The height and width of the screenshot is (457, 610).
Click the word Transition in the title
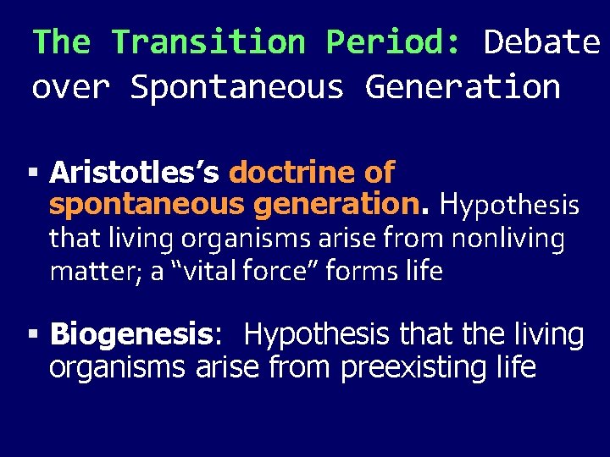[208, 41]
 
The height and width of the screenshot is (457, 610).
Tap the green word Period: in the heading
[394, 41]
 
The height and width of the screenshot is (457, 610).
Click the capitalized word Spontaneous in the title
[237, 87]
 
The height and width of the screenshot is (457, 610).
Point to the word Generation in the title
[463, 87]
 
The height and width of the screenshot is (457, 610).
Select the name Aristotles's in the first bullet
[135, 173]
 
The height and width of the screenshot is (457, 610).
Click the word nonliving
[507, 240]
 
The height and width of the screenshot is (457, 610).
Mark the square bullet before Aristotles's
[33, 173]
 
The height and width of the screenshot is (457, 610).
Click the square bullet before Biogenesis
[33, 336]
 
